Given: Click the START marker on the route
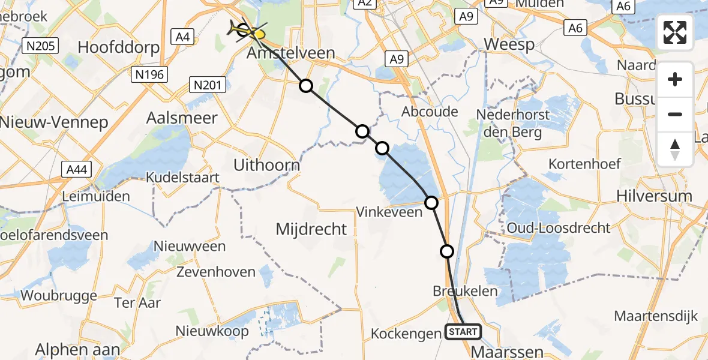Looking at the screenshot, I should (463, 331).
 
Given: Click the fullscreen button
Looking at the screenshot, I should (675, 32).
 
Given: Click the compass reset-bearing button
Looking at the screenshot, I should (675, 149).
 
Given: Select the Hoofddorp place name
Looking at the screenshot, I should (118, 47).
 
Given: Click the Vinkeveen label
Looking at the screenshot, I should (389, 212).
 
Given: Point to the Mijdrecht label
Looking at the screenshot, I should (311, 229).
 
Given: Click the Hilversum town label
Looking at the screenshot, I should (658, 196).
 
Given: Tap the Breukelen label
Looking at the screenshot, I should (465, 291).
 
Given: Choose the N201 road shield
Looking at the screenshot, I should (208, 85).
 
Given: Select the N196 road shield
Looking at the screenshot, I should (148, 74).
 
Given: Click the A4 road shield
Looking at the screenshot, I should (183, 37).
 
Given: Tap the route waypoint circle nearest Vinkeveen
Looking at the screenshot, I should (431, 203).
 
